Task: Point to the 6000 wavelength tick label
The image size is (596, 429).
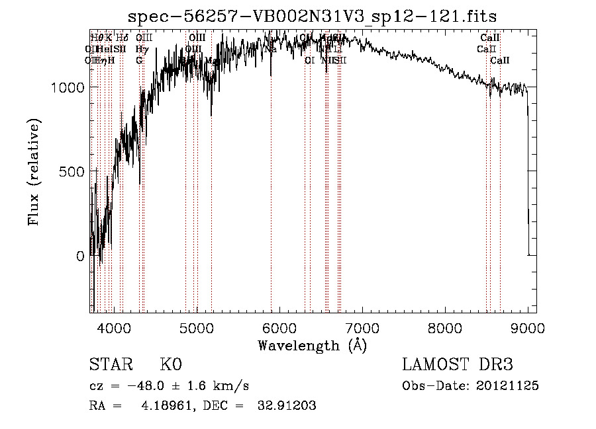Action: pyautogui.click(x=279, y=327)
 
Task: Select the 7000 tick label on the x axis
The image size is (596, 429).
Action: pyautogui.click(x=362, y=327)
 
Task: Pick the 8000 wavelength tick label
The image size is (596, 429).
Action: pyautogui.click(x=444, y=327)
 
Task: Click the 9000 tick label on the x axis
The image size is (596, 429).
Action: pyautogui.click(x=527, y=327)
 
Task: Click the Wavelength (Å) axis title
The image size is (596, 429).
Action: pyautogui.click(x=312, y=345)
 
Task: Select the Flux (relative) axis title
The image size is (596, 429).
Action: pyautogui.click(x=34, y=172)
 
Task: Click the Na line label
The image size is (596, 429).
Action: pyautogui.click(x=270, y=49)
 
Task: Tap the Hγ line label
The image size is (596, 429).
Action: pyautogui.click(x=141, y=49)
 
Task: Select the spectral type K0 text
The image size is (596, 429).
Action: pyautogui.click(x=170, y=365)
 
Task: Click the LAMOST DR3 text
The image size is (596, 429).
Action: pyautogui.click(x=457, y=365)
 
